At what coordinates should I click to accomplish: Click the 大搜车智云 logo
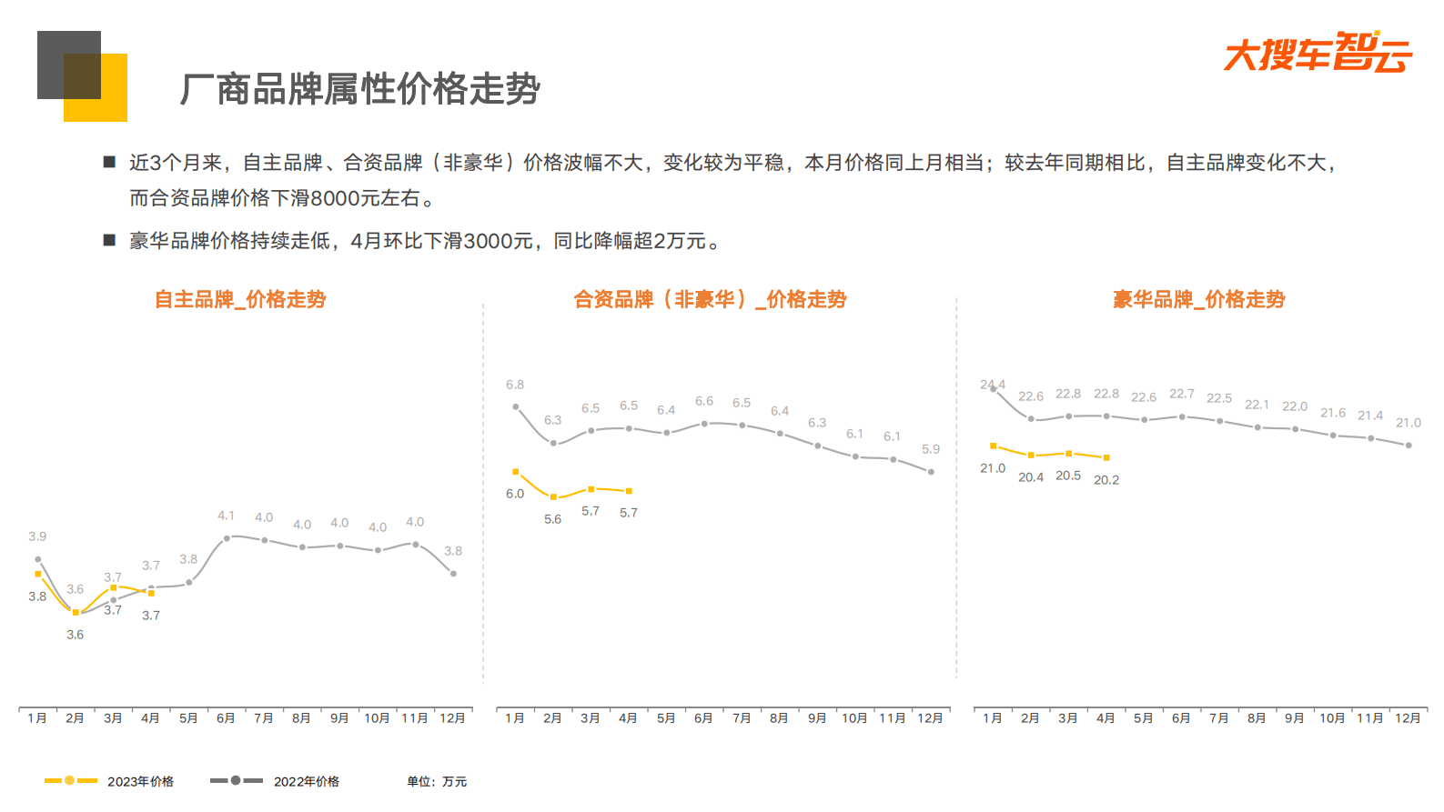(x=1317, y=53)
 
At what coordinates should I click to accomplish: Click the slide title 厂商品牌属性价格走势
(x=360, y=89)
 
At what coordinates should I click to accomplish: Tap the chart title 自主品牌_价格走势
(x=240, y=299)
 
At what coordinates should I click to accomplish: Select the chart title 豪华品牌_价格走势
(x=1198, y=299)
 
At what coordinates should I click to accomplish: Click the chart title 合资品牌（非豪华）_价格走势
(x=710, y=299)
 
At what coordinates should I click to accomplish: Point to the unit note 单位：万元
(x=437, y=781)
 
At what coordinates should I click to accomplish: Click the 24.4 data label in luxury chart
(x=993, y=385)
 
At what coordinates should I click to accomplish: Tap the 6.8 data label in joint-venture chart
(x=515, y=385)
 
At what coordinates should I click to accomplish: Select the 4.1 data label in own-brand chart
(x=226, y=516)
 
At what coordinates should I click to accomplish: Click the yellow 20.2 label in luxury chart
(x=1106, y=480)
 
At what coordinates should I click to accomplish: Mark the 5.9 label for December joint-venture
(x=931, y=449)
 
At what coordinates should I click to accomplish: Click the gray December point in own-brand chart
(x=453, y=574)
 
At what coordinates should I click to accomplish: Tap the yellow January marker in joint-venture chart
(x=516, y=472)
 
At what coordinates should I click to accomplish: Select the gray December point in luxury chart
(x=1409, y=446)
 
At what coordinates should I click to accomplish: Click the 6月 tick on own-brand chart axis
(x=226, y=718)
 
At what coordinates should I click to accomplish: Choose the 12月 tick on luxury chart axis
(x=1408, y=718)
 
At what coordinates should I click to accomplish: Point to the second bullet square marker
(x=109, y=240)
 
